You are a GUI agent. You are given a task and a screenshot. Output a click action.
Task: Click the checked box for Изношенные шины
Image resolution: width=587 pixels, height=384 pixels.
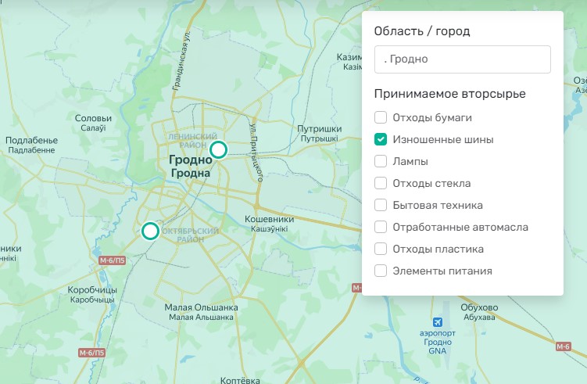pyautogui.click(x=381, y=140)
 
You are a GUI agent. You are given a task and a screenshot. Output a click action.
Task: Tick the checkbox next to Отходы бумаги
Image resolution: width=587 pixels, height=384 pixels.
pyautogui.click(x=381, y=118)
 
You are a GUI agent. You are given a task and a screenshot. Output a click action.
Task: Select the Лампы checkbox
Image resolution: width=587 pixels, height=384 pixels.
pyautogui.click(x=381, y=162)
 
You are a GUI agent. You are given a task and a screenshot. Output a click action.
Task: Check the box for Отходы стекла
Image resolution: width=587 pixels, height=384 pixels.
pyautogui.click(x=381, y=184)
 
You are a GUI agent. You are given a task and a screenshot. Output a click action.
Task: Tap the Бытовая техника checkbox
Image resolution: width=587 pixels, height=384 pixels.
pyautogui.click(x=381, y=206)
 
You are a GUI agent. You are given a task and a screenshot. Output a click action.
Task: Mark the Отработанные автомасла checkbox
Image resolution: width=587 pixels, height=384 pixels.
pyautogui.click(x=381, y=228)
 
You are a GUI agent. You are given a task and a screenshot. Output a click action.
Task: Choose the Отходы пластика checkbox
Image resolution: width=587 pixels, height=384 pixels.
pyautogui.click(x=381, y=249)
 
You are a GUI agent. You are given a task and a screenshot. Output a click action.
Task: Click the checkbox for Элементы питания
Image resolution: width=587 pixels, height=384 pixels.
pyautogui.click(x=381, y=271)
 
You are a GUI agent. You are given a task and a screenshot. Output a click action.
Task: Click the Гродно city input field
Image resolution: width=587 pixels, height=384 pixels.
pyautogui.click(x=462, y=59)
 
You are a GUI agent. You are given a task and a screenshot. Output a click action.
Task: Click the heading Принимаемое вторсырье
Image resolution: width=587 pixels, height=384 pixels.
pyautogui.click(x=449, y=94)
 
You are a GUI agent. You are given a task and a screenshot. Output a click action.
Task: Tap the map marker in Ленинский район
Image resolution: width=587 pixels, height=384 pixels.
pyautogui.click(x=219, y=149)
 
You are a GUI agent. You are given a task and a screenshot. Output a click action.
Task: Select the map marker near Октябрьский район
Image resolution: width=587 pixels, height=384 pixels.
pyautogui.click(x=150, y=231)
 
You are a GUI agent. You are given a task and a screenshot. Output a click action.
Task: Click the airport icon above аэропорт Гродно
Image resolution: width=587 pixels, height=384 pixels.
pyautogui.click(x=438, y=322)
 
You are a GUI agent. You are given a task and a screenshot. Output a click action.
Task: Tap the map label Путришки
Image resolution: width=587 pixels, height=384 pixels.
pyautogui.click(x=320, y=129)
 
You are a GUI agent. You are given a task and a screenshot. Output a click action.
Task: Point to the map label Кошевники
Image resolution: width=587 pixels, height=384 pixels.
pyautogui.click(x=269, y=220)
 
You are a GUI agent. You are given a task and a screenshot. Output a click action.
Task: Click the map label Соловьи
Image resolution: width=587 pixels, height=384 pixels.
pyautogui.click(x=93, y=119)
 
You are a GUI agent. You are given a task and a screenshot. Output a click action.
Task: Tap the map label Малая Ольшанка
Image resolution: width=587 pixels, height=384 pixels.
pyautogui.click(x=201, y=307)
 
